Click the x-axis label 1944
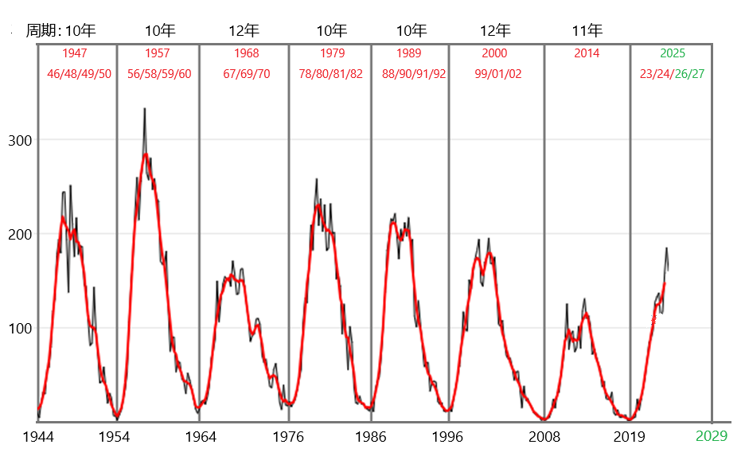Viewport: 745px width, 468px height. pyautogui.click(x=39, y=437)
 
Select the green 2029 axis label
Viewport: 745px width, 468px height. pyautogui.click(x=712, y=436)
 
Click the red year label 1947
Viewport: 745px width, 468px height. pyautogui.click(x=75, y=53)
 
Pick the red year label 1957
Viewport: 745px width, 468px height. pyautogui.click(x=158, y=53)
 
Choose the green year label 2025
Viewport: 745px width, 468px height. pyautogui.click(x=673, y=53)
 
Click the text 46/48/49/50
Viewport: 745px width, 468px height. pyautogui.click(x=80, y=73)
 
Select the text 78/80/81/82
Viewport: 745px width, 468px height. pyautogui.click(x=330, y=73)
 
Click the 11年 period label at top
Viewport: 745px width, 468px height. pyautogui.click(x=587, y=31)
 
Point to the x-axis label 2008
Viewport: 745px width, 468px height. pyautogui.click(x=545, y=437)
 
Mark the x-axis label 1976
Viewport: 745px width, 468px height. pyautogui.click(x=288, y=437)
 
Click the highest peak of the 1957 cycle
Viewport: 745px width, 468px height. pyautogui.click(x=144, y=109)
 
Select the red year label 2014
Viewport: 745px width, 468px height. pyautogui.click(x=587, y=53)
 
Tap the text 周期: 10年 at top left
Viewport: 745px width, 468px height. pyautogui.click(x=61, y=31)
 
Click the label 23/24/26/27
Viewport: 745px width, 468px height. pyautogui.click(x=672, y=73)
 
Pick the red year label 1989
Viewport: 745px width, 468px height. pyautogui.click(x=409, y=53)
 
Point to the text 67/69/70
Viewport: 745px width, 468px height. pyautogui.click(x=247, y=73)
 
